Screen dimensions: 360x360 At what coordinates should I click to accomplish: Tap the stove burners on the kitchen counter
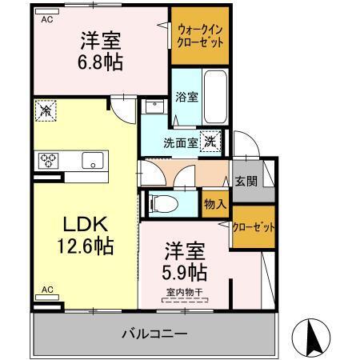tap(48, 160)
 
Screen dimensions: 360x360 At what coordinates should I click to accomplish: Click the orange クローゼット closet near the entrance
tap(254, 227)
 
